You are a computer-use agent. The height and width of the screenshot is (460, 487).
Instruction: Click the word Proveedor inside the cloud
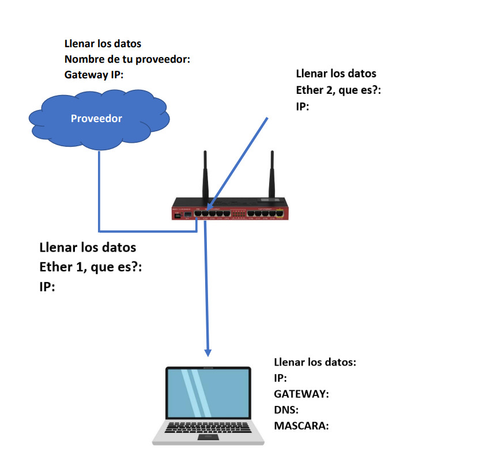click(96, 119)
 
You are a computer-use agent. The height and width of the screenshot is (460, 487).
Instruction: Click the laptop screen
click(208, 394)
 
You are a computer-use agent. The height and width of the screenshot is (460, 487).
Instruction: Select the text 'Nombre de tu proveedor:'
click(127, 59)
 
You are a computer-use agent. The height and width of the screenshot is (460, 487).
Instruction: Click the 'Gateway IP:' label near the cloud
click(95, 75)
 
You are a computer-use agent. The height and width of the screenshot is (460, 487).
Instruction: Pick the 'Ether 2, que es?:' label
click(338, 90)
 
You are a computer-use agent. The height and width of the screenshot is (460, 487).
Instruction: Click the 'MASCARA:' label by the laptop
click(301, 426)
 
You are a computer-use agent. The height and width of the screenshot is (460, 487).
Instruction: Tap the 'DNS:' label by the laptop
click(287, 410)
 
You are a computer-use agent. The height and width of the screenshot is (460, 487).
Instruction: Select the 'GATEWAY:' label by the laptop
click(301, 394)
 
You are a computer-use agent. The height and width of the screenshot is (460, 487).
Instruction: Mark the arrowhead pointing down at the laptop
click(208, 351)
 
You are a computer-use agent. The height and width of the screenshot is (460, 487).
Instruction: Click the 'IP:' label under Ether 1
click(47, 286)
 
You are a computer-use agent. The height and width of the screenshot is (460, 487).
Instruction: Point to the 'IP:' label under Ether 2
click(303, 107)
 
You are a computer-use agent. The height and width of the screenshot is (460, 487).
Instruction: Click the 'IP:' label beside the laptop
click(281, 378)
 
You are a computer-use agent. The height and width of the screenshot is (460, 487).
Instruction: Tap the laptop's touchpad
click(208, 438)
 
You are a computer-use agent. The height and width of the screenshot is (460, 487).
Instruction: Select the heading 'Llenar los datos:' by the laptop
click(315, 363)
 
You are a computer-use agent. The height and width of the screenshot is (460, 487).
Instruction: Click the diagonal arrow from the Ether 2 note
click(239, 162)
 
